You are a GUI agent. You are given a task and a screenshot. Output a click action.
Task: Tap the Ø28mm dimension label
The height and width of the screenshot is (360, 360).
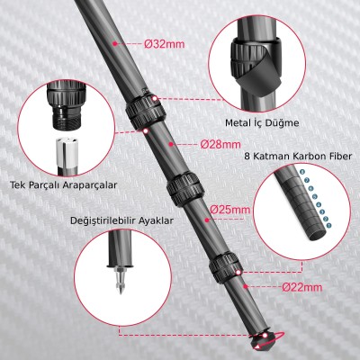pyautogui.click(x=220, y=144)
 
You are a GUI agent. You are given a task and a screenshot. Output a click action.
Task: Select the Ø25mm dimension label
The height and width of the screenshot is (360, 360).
pyautogui.click(x=229, y=210)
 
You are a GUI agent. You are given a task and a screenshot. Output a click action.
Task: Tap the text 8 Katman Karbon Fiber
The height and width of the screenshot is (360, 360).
pyautogui.click(x=297, y=155)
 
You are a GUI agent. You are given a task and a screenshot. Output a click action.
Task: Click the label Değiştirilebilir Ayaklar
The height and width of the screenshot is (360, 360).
pyautogui.click(x=119, y=219)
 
